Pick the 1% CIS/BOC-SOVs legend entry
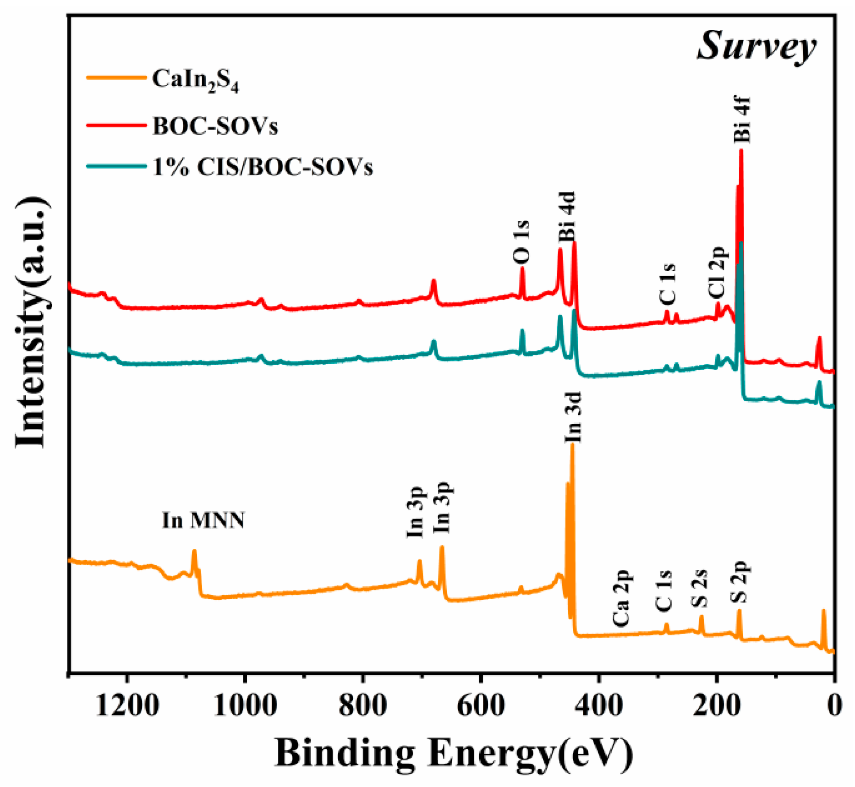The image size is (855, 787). (263, 167)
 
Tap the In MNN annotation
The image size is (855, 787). (203, 520)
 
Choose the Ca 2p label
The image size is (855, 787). (622, 598)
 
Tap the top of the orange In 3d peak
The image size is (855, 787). (572, 445)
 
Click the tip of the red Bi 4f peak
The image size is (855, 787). (741, 151)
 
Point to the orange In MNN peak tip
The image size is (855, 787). (194, 551)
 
